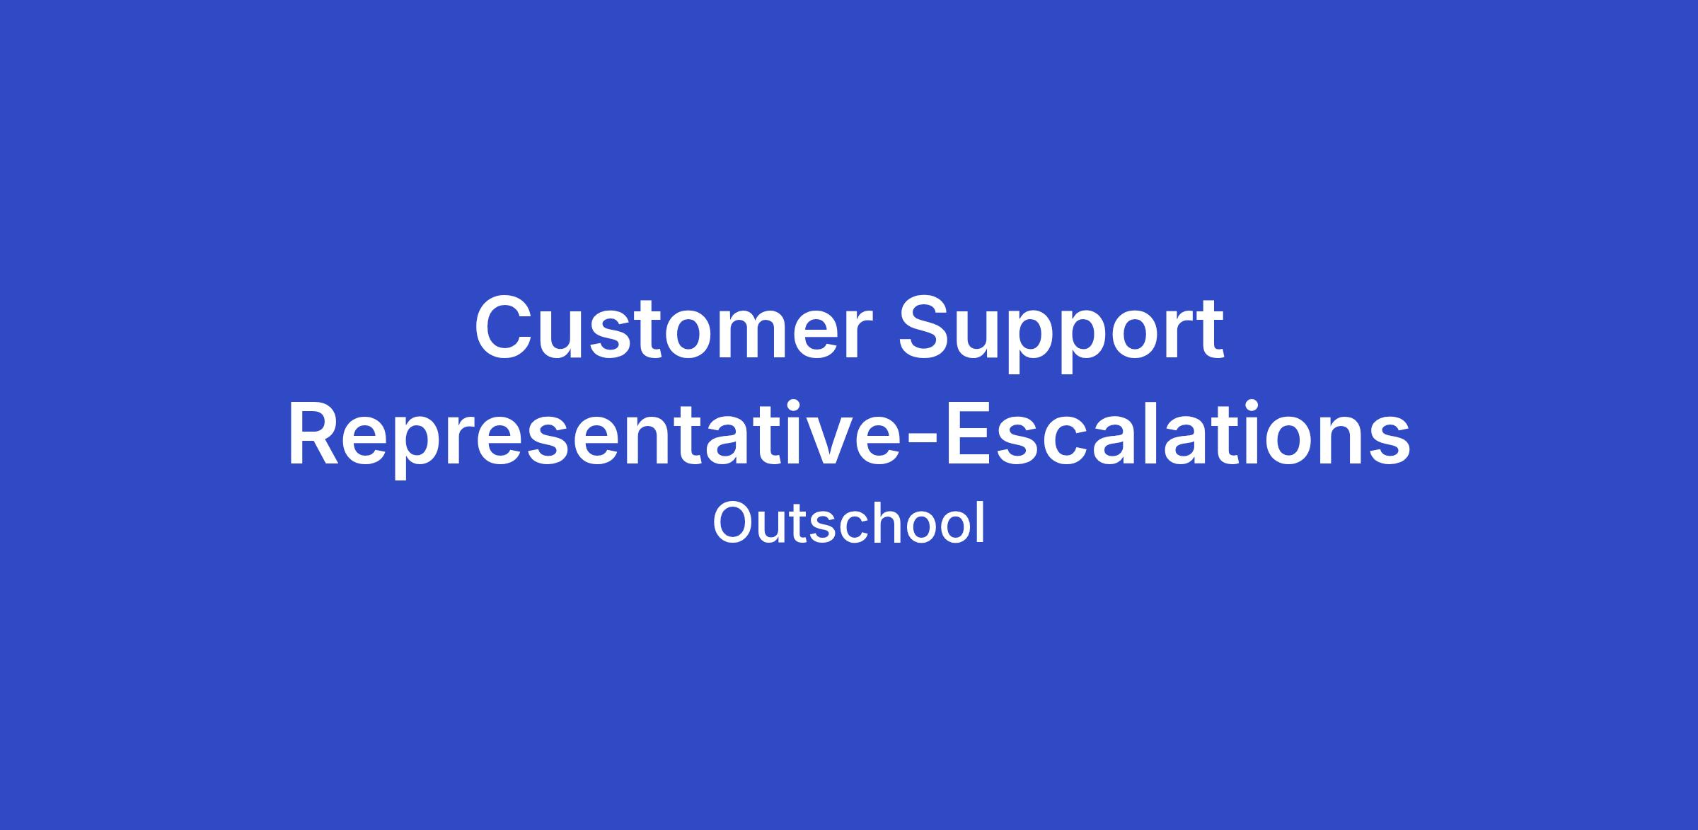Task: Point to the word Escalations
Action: pos(1178,433)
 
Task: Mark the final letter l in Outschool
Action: pos(980,523)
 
